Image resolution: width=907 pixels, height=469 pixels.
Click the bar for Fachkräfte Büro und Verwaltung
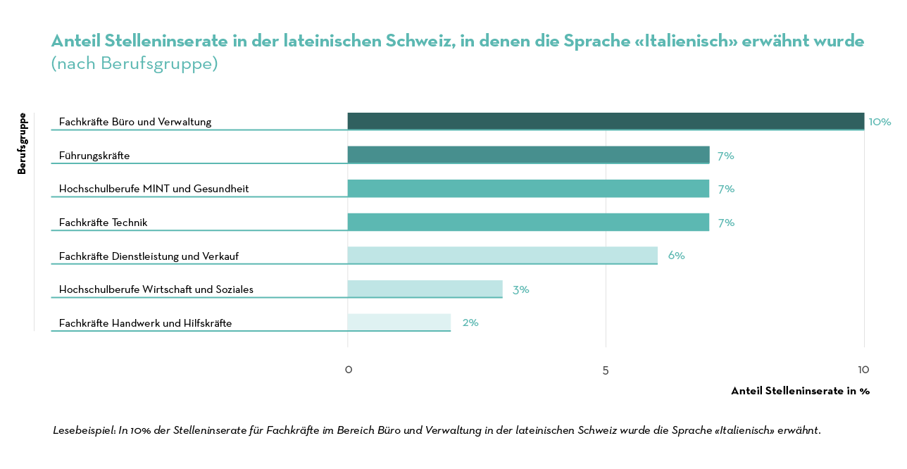point(606,121)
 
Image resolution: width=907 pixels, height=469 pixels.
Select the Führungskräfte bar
point(528,155)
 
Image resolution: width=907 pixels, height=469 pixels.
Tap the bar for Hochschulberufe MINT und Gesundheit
point(528,188)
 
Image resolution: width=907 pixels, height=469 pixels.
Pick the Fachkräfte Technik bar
point(528,222)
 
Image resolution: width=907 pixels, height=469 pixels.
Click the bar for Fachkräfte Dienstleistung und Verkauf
point(502,255)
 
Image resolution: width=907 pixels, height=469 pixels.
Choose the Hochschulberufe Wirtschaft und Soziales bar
point(425,289)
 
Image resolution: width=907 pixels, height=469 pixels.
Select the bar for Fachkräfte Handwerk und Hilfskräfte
point(399,322)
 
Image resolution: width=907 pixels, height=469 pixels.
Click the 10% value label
point(880,122)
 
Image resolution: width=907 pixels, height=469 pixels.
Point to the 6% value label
point(676,256)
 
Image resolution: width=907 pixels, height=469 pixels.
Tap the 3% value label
point(521,289)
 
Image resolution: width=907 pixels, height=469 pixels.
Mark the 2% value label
point(470,323)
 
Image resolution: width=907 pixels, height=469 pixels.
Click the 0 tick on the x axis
point(348,370)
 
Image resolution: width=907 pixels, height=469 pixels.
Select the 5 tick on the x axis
point(606,370)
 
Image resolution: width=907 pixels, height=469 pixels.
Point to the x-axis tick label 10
point(863,370)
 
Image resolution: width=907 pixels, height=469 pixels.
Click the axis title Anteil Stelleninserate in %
point(800,391)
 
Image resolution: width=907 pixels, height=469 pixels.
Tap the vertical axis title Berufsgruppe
point(22,143)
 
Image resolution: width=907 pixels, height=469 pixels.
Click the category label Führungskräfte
point(94,156)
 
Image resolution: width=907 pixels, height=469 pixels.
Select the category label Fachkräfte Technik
point(103,223)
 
